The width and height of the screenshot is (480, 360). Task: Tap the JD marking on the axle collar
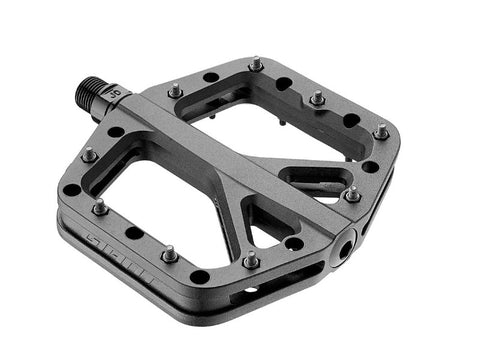[x=114, y=93]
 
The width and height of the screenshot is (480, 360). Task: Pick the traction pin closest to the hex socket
[x=352, y=192]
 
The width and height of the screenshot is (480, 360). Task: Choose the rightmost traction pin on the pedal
[x=381, y=130]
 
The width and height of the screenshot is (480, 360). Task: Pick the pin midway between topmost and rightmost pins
[x=318, y=98]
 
